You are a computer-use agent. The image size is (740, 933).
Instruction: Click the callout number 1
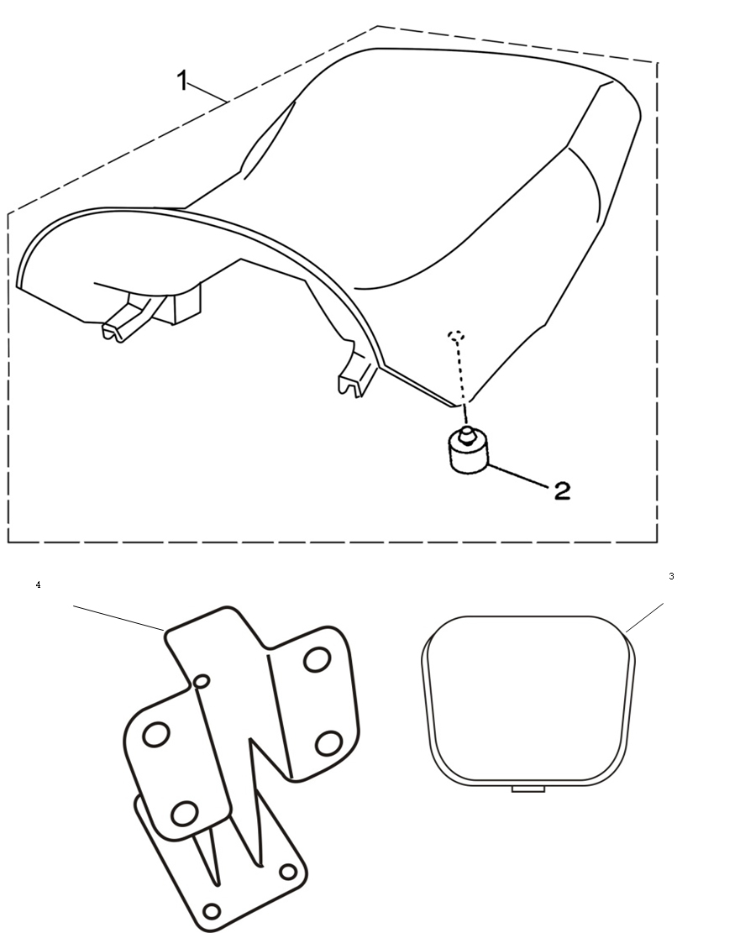coord(183,81)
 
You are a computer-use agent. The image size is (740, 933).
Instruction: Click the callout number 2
coord(562,490)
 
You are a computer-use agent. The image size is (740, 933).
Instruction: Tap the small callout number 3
coord(671,576)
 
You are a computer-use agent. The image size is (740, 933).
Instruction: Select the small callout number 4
coord(38,585)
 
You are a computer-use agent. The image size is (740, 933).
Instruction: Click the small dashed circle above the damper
coord(456,336)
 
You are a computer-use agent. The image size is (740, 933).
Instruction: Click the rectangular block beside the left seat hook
coord(186,303)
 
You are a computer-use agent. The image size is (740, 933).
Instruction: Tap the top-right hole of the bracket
coord(317,659)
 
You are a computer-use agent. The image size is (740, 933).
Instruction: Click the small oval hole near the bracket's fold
coord(202,681)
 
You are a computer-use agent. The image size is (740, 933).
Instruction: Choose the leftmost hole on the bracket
coord(156,734)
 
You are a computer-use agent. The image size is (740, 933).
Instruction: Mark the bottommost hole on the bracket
coord(212,911)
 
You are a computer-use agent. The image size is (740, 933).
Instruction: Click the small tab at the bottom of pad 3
coord(528,789)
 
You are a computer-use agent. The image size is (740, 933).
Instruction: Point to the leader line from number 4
coord(118,617)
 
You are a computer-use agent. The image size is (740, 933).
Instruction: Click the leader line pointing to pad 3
coord(645,616)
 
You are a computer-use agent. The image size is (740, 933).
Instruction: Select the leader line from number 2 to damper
coord(518,474)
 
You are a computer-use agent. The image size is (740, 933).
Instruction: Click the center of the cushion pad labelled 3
coord(528,701)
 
